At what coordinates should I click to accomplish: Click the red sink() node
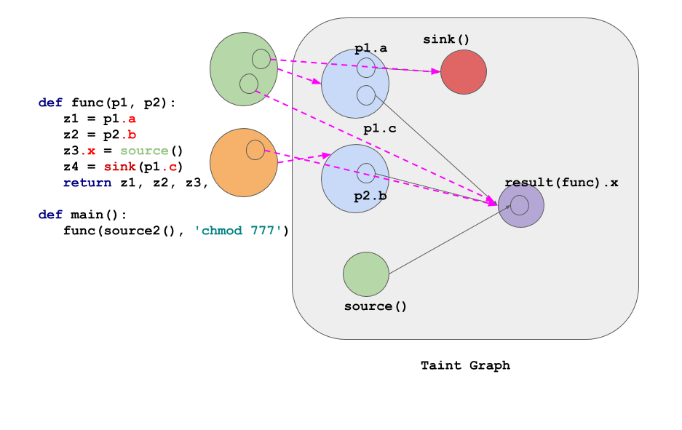coord(464,72)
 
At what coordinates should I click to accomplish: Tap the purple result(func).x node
coord(521,205)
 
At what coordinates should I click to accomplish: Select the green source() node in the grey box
coord(366,274)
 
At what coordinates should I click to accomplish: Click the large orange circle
coord(243,162)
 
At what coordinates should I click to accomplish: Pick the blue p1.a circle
coord(354,84)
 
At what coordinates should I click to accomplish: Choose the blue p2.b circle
coord(354,178)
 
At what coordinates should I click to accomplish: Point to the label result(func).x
coord(561,183)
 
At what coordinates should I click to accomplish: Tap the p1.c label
coord(380,129)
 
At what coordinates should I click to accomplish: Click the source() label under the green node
coord(376,306)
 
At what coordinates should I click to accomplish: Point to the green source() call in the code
coord(144,151)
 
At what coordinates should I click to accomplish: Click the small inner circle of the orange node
coord(255,150)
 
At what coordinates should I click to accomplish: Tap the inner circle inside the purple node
coord(520,205)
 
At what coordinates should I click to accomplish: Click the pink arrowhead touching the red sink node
coord(436,71)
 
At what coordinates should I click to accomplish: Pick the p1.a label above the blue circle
coord(370,49)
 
